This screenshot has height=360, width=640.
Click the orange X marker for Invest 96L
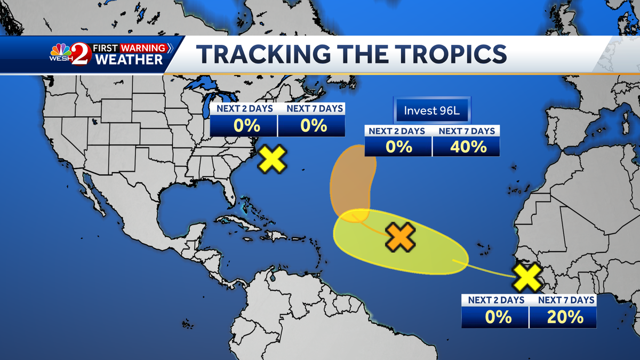tap(401, 238)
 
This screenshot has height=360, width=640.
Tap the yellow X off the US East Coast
tap(272, 159)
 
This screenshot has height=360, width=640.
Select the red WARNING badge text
tap(143, 48)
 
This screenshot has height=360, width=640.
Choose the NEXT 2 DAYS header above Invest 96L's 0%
tap(397, 131)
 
